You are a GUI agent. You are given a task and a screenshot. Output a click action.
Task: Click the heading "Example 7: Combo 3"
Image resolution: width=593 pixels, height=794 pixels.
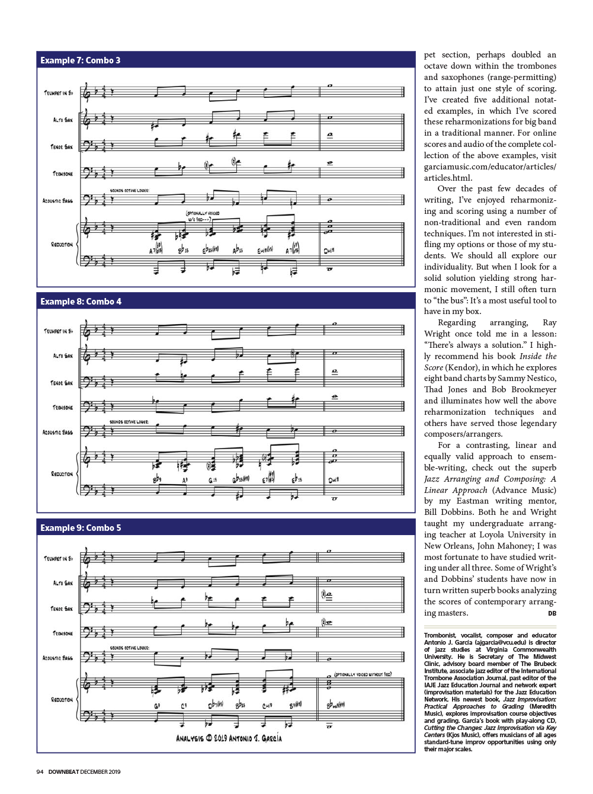80,60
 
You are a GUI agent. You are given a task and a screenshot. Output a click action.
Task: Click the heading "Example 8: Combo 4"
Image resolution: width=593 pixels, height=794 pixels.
81,302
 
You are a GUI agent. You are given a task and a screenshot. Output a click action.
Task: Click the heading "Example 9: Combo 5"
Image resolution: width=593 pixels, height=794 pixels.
81,528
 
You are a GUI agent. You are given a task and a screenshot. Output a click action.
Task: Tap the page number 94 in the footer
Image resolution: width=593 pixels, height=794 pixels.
40,771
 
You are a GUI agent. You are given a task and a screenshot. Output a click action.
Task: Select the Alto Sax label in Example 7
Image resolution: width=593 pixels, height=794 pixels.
63,120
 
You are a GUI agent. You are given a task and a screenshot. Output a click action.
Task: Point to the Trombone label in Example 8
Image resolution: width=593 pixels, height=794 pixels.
63,408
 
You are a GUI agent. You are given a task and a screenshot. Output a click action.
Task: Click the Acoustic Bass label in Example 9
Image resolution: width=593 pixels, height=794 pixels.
57,658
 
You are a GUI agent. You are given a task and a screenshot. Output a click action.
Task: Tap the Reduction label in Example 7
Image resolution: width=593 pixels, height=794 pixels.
62,244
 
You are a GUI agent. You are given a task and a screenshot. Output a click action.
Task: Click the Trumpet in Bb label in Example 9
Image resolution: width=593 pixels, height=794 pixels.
58,558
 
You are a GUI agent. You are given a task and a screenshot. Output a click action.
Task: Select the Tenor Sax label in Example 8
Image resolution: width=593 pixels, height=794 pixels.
62,383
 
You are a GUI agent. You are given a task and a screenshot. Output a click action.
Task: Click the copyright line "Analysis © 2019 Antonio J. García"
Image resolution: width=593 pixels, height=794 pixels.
229,738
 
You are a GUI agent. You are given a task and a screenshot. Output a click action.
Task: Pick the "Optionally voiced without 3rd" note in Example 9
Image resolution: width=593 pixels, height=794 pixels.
363,674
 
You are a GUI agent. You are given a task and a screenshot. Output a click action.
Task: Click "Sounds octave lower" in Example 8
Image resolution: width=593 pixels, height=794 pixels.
129,422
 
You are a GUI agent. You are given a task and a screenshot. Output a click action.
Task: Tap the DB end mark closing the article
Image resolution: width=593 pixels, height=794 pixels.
552,613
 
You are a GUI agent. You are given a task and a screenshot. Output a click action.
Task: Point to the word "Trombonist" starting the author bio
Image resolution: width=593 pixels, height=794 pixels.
440,635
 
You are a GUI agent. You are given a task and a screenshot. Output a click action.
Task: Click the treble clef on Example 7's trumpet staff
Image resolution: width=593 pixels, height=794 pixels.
87,92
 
